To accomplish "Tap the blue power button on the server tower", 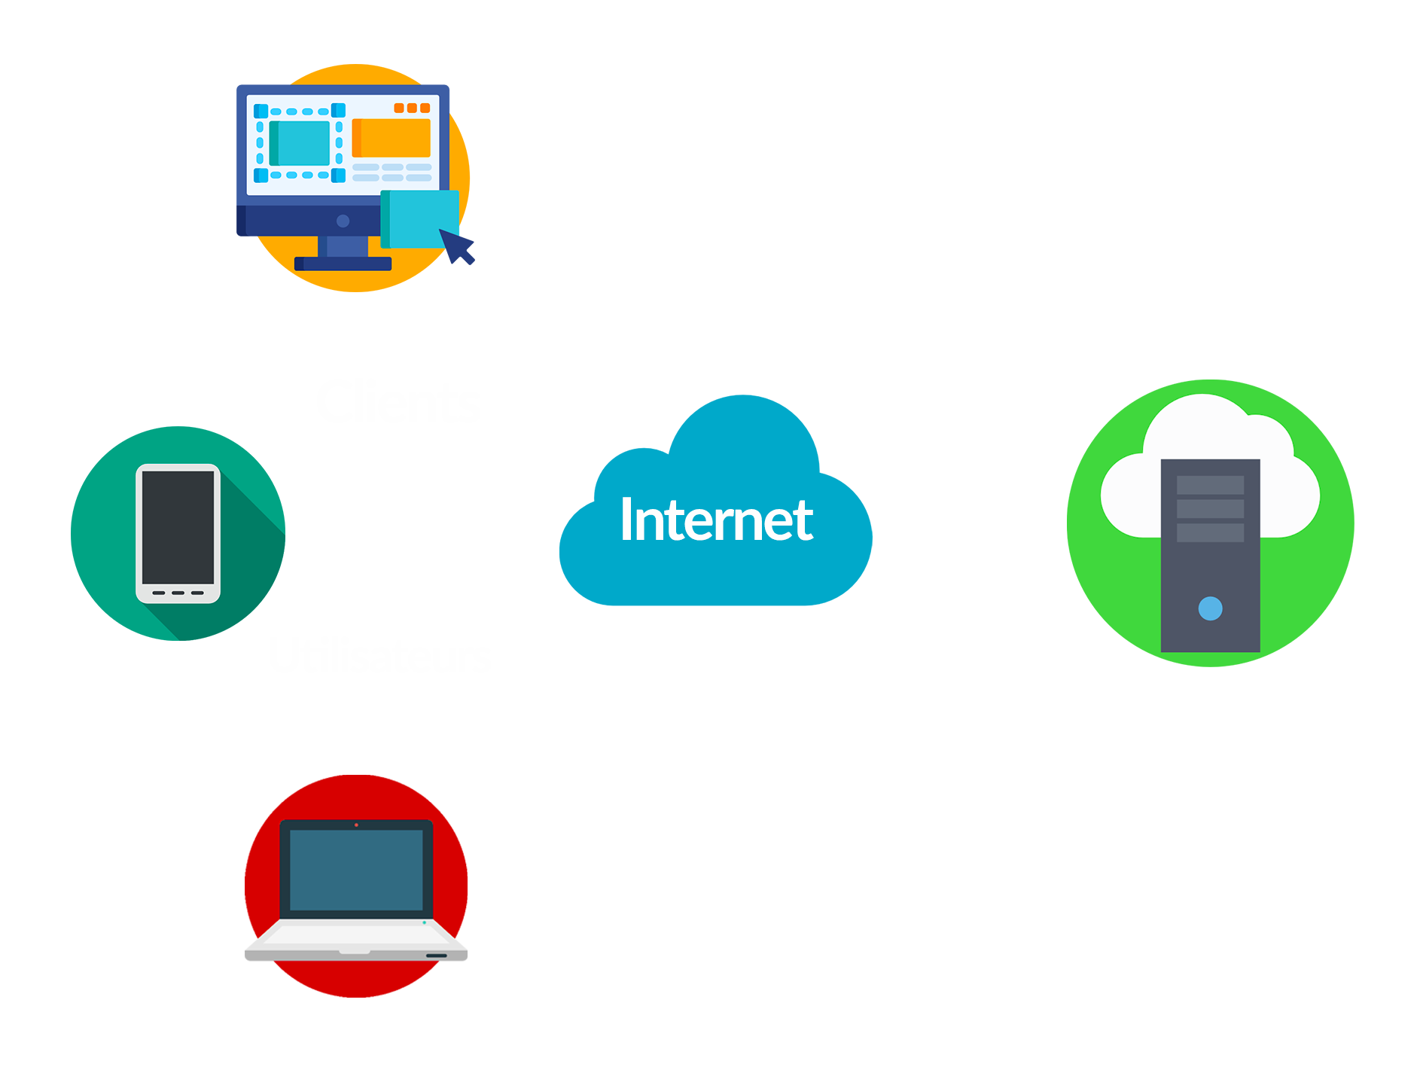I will pos(1210,608).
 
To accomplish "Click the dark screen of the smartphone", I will pos(178,526).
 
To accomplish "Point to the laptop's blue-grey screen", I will pos(356,870).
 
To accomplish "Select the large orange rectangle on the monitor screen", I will pos(392,138).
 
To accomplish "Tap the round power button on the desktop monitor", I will pos(343,221).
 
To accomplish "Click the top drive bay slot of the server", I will pos(1210,485).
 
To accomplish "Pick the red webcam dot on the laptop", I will pos(356,825).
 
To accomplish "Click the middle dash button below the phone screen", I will pos(178,593).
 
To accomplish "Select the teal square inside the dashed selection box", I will pos(300,143).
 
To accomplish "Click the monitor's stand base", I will pos(343,264).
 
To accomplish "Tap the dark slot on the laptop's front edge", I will pos(437,956).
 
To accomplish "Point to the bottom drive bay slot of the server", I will pos(1210,533).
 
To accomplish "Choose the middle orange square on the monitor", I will pos(412,108).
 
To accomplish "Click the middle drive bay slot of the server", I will pos(1210,509).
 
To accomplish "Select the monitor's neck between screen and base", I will pos(343,246).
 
